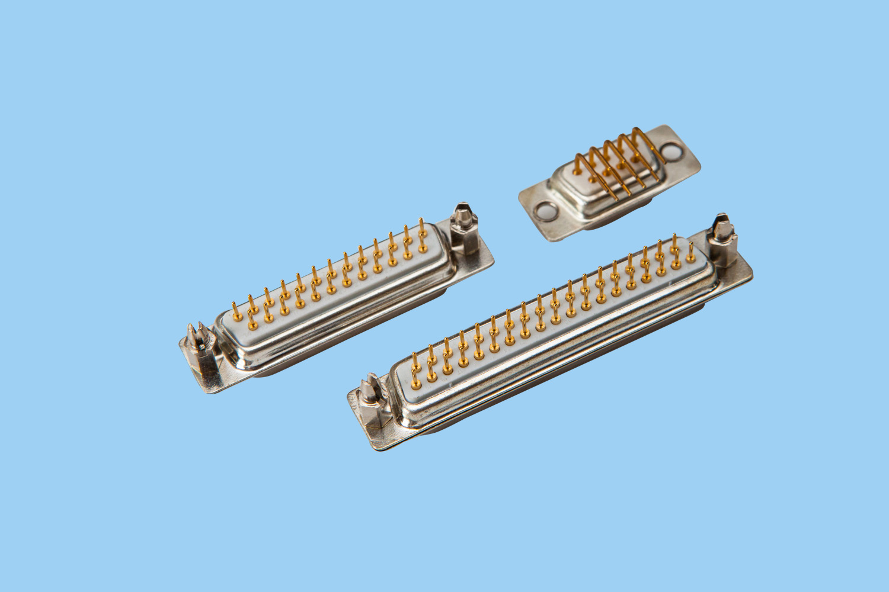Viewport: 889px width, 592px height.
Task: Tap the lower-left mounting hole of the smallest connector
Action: (543, 211)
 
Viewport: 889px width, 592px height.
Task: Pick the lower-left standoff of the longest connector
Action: (373, 403)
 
